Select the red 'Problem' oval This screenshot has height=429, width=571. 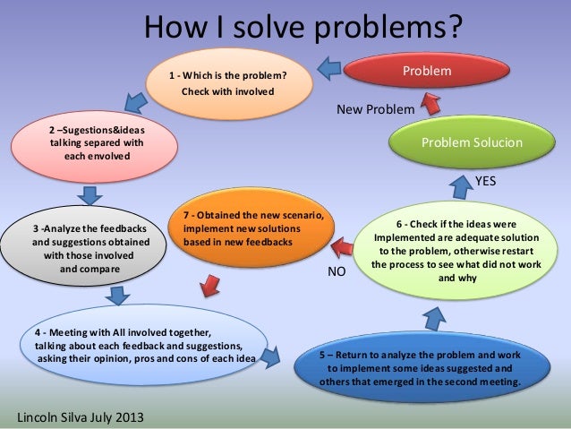point(426,71)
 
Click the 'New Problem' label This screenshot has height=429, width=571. point(375,109)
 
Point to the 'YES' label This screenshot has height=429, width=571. point(485,180)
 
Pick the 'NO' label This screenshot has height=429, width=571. point(336,269)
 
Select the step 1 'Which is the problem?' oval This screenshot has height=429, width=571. point(234,85)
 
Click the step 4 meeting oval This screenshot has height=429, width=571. point(143,347)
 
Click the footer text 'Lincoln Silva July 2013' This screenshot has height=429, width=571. point(80,418)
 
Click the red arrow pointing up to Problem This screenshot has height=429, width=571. point(430,103)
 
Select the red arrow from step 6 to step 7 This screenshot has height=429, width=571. point(340,245)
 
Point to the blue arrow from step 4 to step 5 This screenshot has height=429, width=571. point(294,358)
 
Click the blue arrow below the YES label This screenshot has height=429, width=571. point(461,186)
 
